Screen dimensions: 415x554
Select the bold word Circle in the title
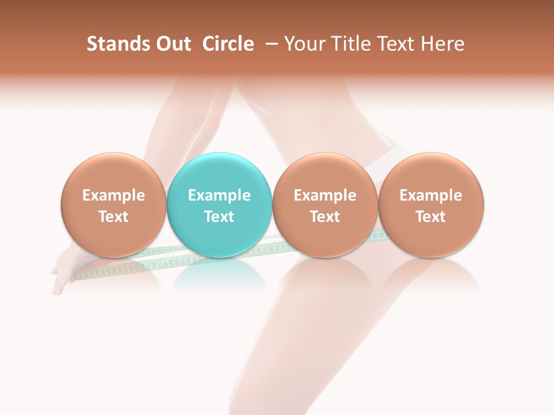(228, 44)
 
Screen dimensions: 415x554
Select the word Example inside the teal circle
(219, 195)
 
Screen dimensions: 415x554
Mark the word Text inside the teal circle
(219, 217)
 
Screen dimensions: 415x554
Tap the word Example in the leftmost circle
(113, 195)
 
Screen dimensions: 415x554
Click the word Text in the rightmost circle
(431, 217)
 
